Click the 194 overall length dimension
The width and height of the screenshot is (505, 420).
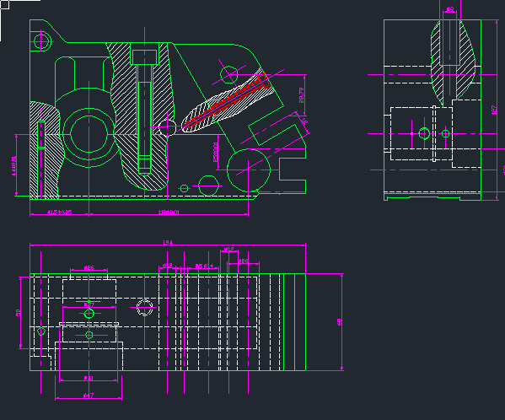tap(167, 243)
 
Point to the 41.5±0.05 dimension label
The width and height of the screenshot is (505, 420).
tap(59, 213)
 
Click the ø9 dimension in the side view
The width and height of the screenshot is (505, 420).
tap(450, 10)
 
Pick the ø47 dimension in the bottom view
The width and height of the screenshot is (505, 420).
tap(89, 395)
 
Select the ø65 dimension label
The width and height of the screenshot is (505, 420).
tap(89, 268)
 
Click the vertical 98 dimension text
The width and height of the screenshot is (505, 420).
tap(340, 321)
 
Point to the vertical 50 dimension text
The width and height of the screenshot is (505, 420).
tap(19, 312)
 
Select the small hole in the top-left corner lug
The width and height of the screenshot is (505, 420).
tap(40, 40)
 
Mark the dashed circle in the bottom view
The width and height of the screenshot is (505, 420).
tap(146, 309)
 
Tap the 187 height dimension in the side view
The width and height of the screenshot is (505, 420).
tap(494, 110)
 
